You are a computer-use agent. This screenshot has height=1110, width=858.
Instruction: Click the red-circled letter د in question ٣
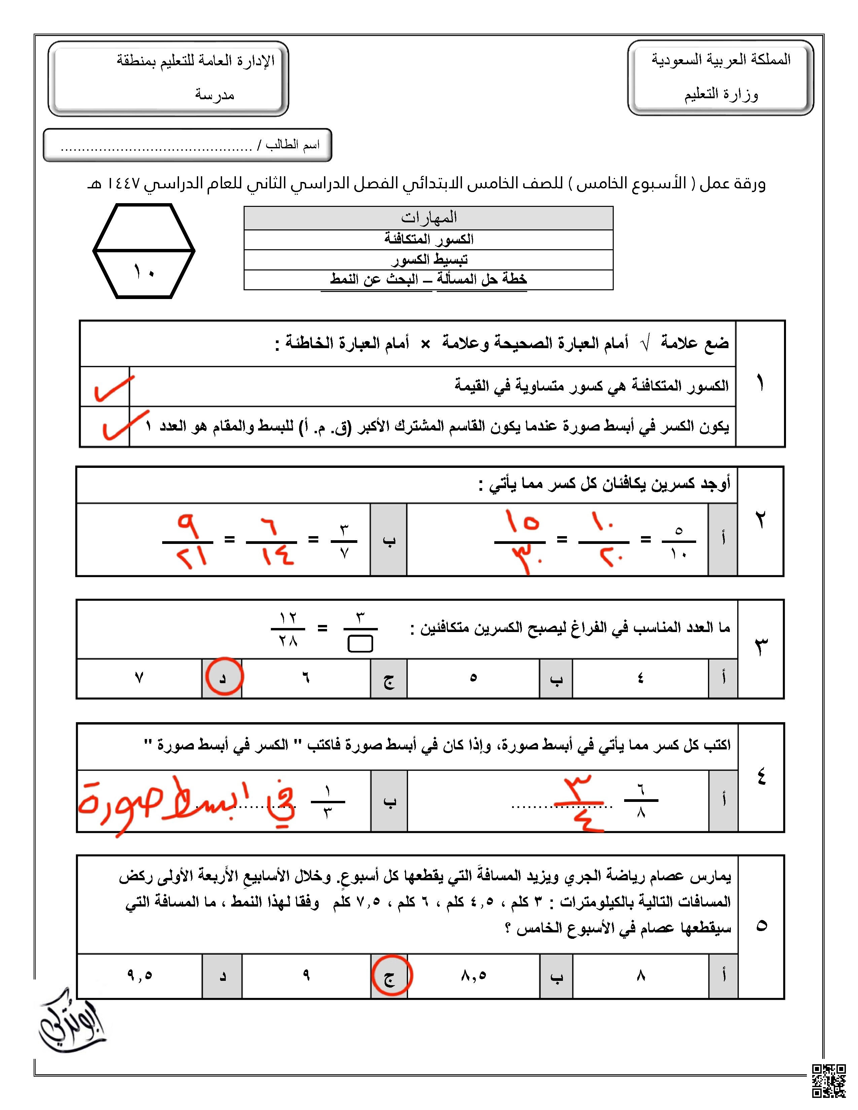pos(223,677)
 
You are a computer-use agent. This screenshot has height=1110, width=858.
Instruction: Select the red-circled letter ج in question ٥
pos(389,976)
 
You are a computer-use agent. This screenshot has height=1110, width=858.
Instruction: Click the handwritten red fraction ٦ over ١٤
pos(272,541)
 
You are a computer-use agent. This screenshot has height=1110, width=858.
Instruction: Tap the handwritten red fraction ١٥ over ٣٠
pos(520,541)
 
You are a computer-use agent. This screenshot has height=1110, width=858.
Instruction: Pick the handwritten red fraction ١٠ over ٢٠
pos(604,541)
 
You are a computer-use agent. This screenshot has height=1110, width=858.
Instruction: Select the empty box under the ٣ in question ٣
pos(360,644)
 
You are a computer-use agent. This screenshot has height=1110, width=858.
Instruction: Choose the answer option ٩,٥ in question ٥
pos(139,975)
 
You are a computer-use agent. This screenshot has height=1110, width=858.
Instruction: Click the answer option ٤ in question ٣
pos(640,677)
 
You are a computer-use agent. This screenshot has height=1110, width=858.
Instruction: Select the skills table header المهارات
pos(428,218)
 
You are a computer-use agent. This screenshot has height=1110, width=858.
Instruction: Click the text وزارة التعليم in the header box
pos(721,95)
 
